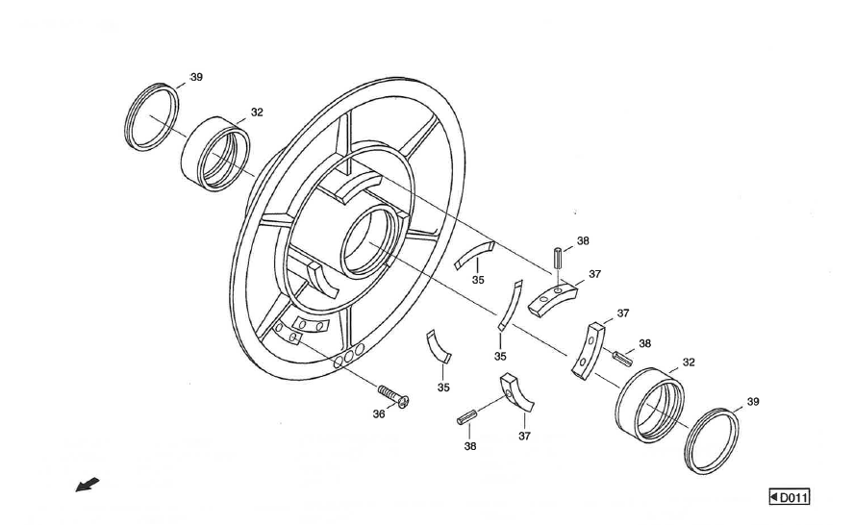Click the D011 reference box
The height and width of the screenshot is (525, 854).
(790, 497)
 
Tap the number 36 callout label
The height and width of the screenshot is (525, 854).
(379, 413)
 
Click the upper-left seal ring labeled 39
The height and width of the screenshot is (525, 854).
(154, 117)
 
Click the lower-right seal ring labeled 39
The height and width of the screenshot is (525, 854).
(713, 440)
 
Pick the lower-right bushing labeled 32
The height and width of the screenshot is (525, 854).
(649, 405)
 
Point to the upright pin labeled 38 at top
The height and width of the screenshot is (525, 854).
(558, 261)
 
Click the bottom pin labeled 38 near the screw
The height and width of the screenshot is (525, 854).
(467, 418)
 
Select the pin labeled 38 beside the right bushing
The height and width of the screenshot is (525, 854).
(622, 358)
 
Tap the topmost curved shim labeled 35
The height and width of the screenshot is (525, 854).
(473, 253)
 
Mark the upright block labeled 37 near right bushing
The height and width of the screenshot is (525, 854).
(587, 350)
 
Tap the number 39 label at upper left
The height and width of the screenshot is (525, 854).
(196, 77)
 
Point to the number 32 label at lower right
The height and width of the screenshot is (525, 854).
(689, 362)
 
